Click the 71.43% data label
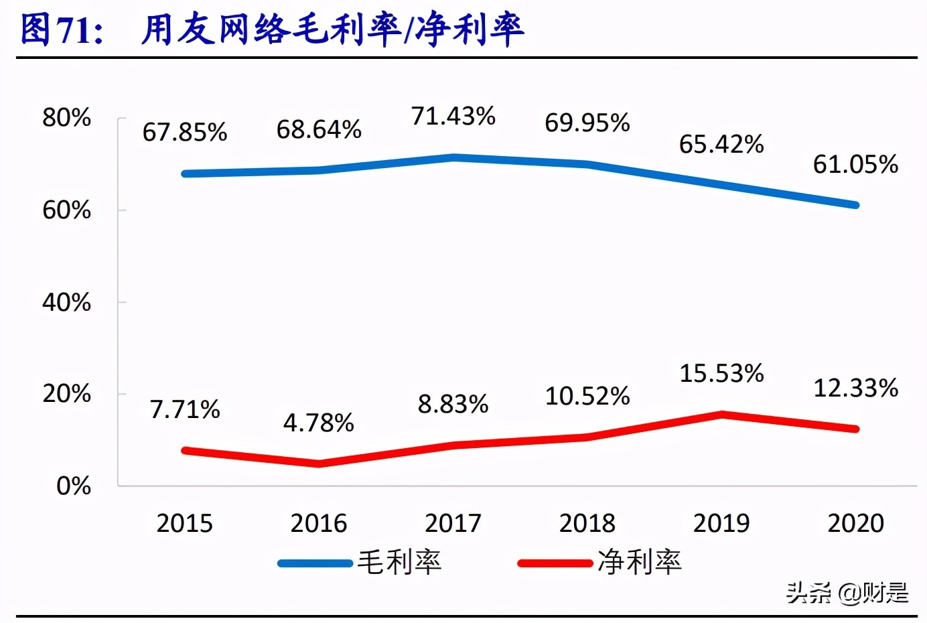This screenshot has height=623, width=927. click(453, 116)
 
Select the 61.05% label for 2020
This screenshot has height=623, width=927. click(855, 164)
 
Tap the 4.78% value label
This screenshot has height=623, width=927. click(319, 423)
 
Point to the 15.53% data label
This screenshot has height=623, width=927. click(721, 373)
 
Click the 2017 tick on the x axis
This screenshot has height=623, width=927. click(453, 523)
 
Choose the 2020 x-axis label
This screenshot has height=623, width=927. click(855, 523)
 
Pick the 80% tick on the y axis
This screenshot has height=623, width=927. click(66, 118)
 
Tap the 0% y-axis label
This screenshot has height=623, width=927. click(74, 486)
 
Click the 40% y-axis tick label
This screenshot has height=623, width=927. click(66, 302)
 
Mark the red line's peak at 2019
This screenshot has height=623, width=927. click(722, 415)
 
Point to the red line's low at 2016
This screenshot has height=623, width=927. click(319, 464)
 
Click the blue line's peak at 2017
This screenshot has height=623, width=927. click(453, 157)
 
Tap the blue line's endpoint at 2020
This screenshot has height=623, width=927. click(855, 205)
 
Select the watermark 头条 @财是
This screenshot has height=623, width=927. click(847, 593)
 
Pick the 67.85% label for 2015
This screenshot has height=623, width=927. click(185, 132)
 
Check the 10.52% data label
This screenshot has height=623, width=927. click(587, 396)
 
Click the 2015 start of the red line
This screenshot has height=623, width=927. click(186, 451)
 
